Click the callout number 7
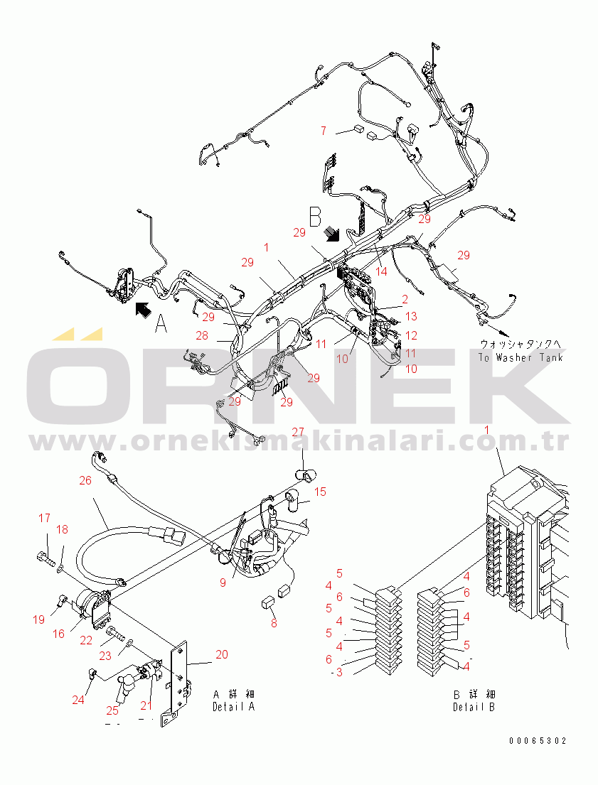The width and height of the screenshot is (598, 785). (323, 131)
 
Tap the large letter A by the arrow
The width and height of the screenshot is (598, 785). (161, 324)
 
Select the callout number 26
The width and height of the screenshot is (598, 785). (85, 481)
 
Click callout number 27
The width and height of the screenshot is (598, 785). (297, 432)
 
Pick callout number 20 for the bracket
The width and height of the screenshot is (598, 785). (222, 654)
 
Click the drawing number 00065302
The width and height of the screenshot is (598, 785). (538, 741)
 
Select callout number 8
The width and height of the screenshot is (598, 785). (273, 624)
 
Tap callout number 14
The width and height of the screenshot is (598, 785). (382, 271)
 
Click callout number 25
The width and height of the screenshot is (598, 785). (112, 710)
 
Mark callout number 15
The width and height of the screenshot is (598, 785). (321, 491)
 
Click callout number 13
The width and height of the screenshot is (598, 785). (411, 317)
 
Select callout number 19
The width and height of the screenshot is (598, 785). (38, 619)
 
